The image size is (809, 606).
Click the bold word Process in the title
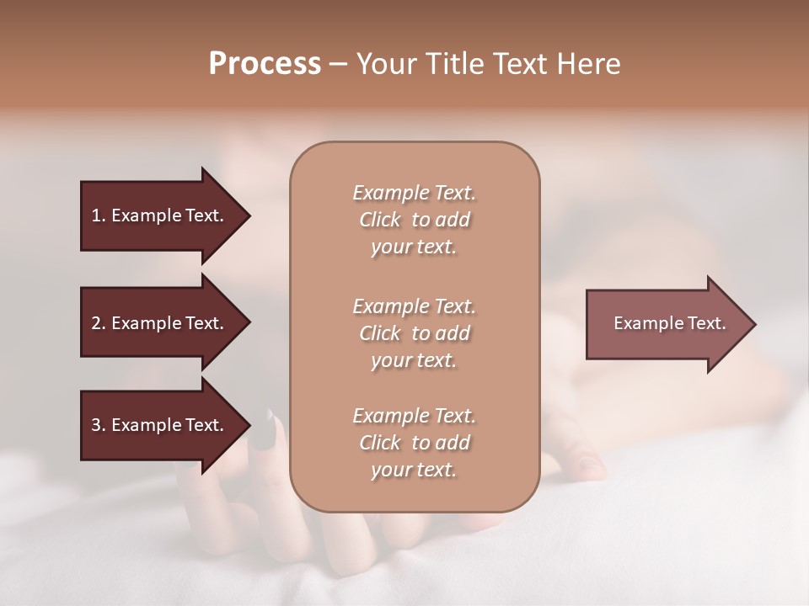pyautogui.click(x=265, y=64)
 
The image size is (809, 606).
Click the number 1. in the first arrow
pyautogui.click(x=99, y=215)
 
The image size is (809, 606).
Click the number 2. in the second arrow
pyautogui.click(x=99, y=323)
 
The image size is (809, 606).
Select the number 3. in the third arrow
pyautogui.click(x=99, y=425)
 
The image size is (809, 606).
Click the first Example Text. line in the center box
pyautogui.click(x=414, y=193)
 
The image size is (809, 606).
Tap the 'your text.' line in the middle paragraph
pyautogui.click(x=414, y=360)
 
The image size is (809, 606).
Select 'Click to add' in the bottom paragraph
pyautogui.click(x=414, y=443)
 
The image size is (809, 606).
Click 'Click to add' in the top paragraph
pyautogui.click(x=414, y=220)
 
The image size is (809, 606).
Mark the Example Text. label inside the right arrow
pyautogui.click(x=669, y=323)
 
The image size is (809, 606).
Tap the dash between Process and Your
pyautogui.click(x=338, y=64)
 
